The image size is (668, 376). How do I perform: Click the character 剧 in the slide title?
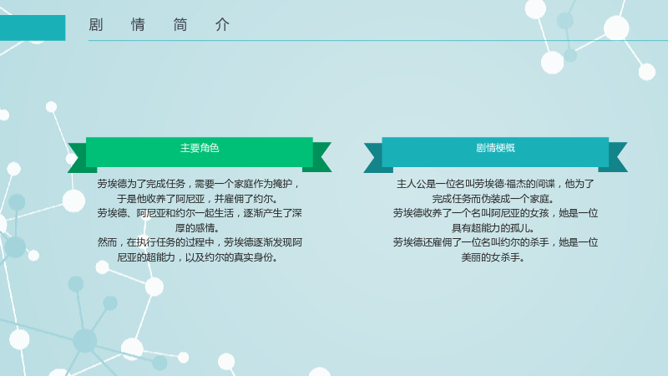pos(95,25)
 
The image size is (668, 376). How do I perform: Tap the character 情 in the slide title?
pos(138,25)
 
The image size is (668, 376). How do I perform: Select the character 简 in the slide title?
pos(180,25)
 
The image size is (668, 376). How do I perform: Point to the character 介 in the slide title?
pos(222,25)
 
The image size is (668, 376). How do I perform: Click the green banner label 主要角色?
pos(200,148)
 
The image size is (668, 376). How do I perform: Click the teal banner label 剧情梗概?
pos(495,148)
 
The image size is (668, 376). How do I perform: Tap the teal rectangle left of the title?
pos(33,28)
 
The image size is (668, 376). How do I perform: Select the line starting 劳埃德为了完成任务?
pos(200,184)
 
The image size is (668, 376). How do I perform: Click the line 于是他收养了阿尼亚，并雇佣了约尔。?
pos(199,199)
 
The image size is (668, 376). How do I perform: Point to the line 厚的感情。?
pos(199,228)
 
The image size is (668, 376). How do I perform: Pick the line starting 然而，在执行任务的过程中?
pos(200,242)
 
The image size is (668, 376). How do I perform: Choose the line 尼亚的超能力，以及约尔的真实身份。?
pos(199,257)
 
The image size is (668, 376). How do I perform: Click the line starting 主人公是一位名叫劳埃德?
pos(495,184)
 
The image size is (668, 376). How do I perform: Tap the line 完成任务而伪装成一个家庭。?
pos(494,199)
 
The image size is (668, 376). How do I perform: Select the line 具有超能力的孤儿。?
pos(494,228)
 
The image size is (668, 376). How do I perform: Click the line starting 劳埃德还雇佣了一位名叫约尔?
pos(495,242)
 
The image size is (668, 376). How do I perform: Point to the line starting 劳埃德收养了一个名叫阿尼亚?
pos(495,213)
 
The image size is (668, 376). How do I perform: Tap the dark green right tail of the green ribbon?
pos(320,157)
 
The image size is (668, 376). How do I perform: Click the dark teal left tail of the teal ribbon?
pos(376,158)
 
